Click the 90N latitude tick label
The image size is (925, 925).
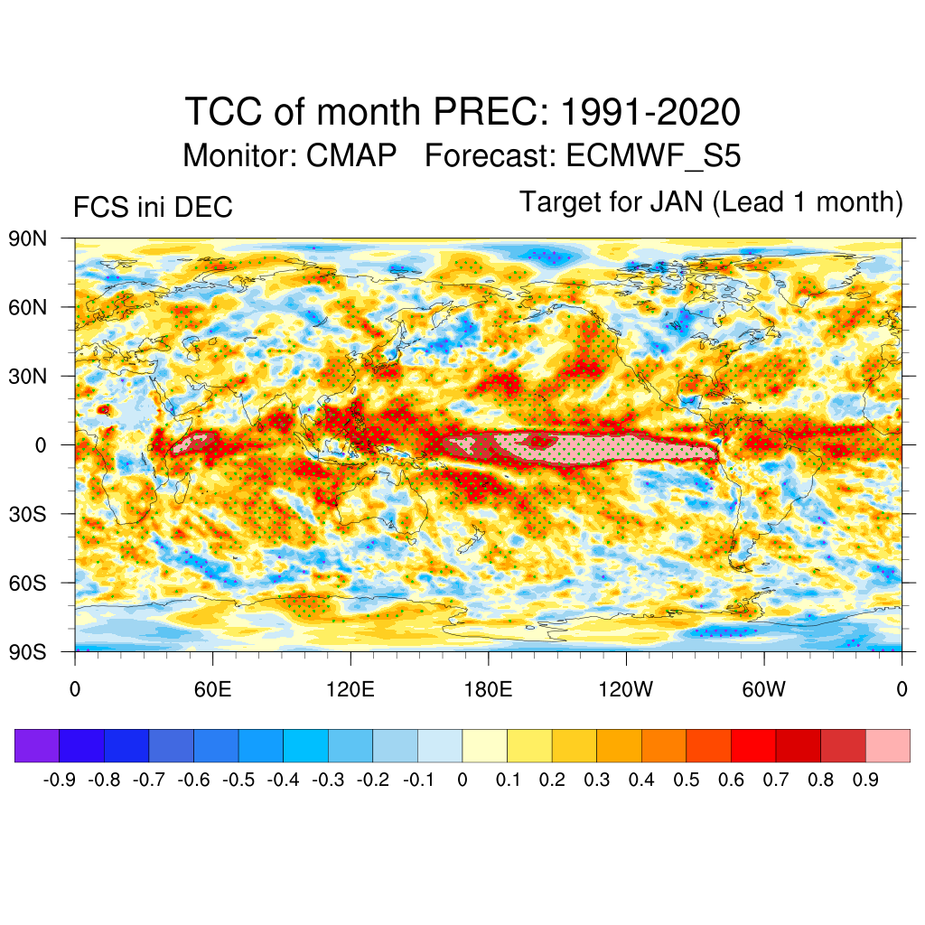28,238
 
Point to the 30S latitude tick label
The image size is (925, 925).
28,514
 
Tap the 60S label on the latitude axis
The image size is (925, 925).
28,583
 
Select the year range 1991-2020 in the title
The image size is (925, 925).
650,113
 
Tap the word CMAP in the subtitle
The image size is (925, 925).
351,155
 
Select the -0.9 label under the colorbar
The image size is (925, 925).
61,780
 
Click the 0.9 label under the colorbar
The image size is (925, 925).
864,780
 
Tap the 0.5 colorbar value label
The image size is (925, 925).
686,780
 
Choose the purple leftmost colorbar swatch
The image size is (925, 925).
37,746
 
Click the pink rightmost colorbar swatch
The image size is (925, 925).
887,746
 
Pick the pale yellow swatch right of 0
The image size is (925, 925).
484,746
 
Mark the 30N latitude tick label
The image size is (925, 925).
28,376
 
